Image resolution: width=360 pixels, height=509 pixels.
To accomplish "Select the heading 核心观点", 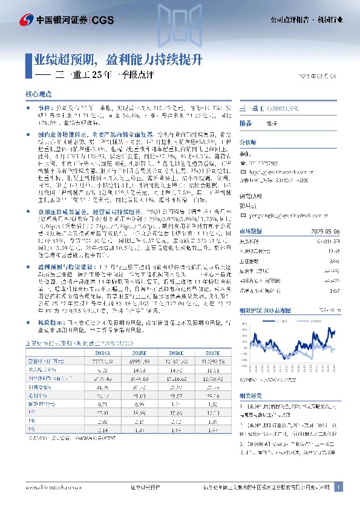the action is pyautogui.click(x=36, y=94).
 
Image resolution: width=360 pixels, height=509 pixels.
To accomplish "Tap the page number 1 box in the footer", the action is pyautogui.click(x=339, y=487).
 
